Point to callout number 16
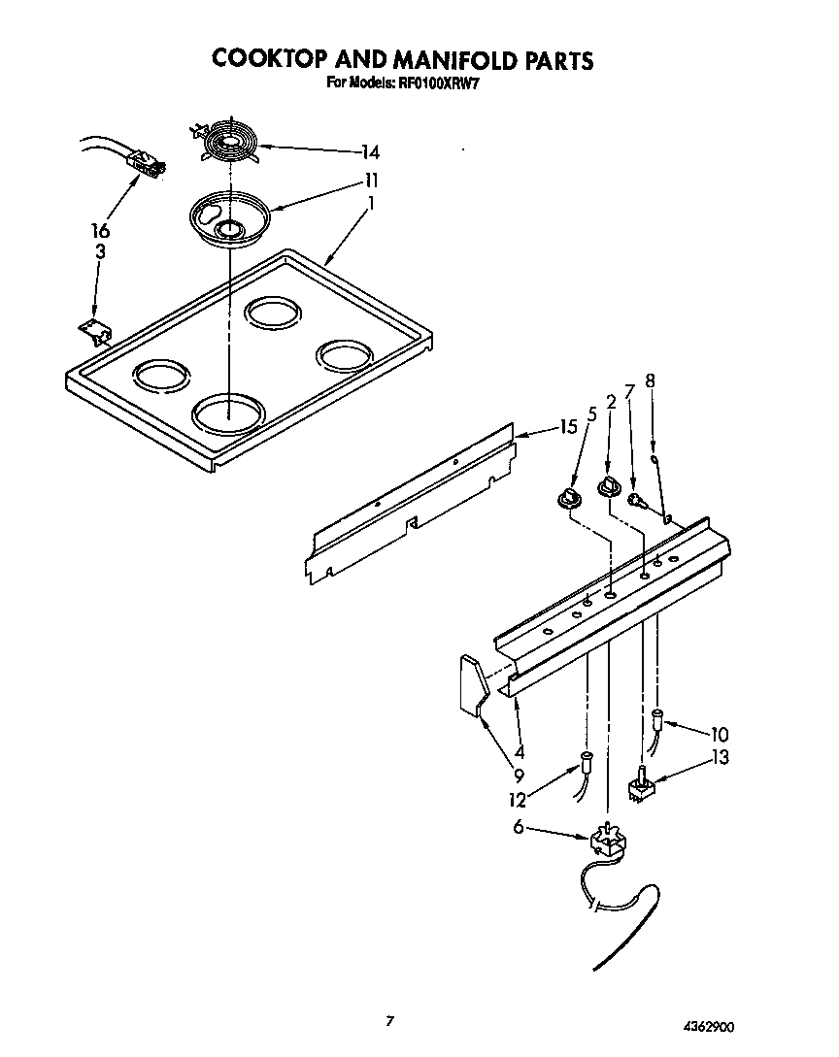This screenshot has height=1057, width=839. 100,230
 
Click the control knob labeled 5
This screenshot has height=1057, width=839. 567,499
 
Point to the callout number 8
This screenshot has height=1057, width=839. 651,380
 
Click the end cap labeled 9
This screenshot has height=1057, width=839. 473,686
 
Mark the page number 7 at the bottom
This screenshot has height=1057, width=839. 390,1020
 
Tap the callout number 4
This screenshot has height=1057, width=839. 520,751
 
